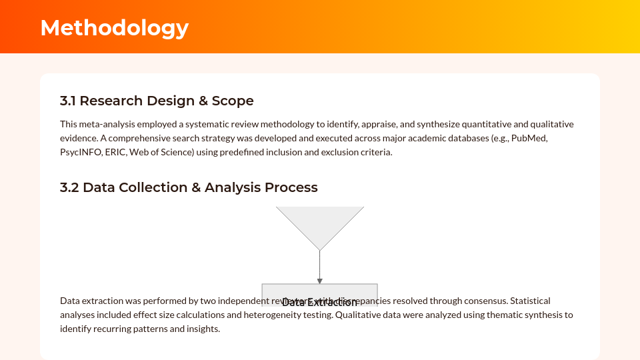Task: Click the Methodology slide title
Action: pos(114,27)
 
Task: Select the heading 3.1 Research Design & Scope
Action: pos(157,101)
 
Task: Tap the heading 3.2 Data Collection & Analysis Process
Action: pos(189,187)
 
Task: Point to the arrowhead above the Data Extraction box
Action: pos(320,281)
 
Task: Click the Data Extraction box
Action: pos(320,293)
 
